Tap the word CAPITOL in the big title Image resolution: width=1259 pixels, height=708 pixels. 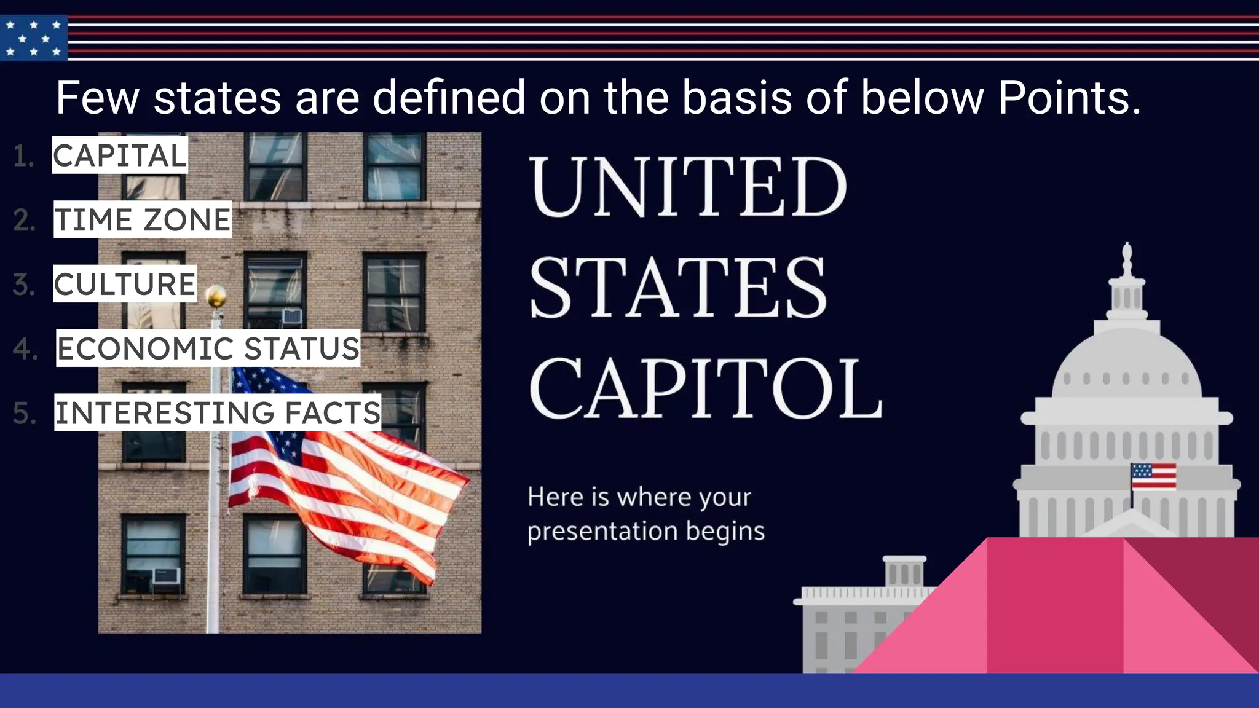coord(704,388)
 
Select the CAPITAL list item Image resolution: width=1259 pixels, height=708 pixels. coord(120,155)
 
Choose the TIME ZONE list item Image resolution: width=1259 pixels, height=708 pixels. coord(143,220)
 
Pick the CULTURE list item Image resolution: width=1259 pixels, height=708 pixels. coord(125,284)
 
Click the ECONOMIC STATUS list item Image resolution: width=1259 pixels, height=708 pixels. coord(208,348)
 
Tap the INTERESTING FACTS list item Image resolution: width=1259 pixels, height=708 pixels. coord(218,412)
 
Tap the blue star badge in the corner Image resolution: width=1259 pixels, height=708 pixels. coord(34,38)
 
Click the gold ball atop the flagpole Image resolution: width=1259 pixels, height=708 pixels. coord(216,297)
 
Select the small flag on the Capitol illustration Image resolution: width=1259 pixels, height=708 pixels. coord(1153,476)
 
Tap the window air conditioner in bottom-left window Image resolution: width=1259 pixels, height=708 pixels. coord(166,576)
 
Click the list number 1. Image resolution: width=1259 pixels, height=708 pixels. coord(23,156)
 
